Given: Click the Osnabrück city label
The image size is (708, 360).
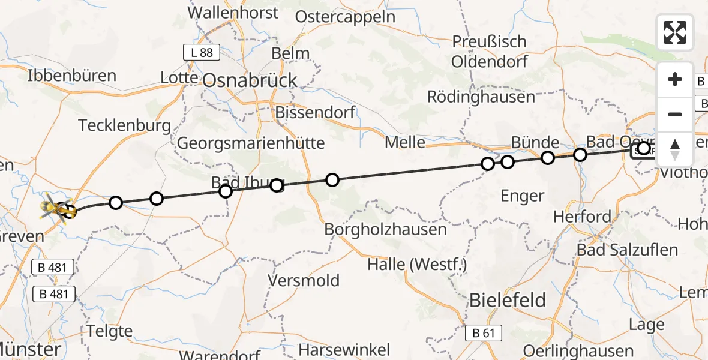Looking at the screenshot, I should coord(250,80).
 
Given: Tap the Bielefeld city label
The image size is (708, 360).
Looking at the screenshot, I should coord(508,300).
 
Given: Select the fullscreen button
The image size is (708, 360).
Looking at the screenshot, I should coord(675,32).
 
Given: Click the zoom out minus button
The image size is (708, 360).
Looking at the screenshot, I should coord(675,114).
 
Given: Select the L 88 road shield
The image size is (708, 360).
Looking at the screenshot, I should coord(202,53).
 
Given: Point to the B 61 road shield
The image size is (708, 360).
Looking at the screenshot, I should coord(484,333).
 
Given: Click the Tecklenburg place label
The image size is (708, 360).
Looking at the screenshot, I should coord(124,126).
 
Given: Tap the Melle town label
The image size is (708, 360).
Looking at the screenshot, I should coord(404,143).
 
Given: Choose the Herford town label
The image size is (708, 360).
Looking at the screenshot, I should coord(583,217).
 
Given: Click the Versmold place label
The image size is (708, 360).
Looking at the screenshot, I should coord(304,280).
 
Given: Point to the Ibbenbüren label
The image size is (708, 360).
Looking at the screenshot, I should coord(72,76).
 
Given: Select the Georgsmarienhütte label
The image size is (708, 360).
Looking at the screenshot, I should coord(251,143).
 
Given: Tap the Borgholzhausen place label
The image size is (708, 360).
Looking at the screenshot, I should coord(386,230).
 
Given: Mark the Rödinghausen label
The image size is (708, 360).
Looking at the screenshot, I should coord(481,97).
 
